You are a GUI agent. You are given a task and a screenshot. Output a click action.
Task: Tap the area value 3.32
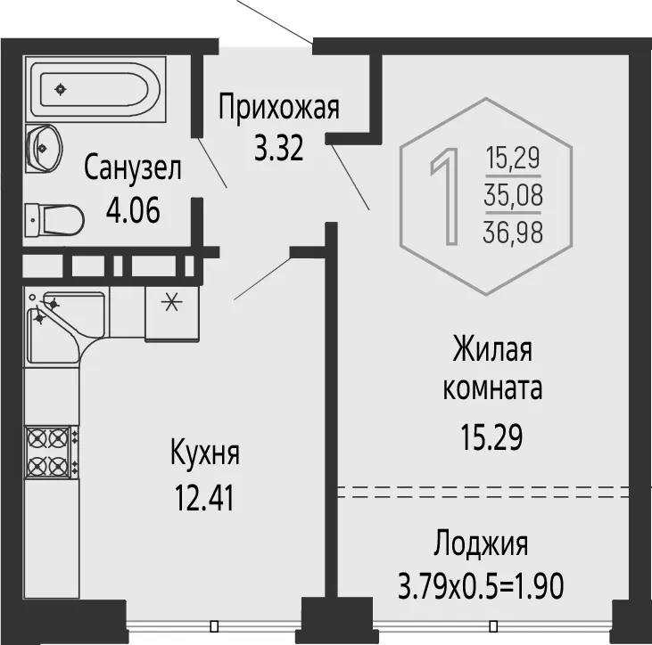278,148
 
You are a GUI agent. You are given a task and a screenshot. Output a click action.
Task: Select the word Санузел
133,168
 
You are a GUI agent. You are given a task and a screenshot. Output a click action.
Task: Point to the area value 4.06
133,210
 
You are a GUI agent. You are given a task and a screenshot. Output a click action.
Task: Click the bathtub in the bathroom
95,89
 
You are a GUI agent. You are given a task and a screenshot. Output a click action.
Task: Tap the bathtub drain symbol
62,89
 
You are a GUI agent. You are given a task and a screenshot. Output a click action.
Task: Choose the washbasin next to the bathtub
44,148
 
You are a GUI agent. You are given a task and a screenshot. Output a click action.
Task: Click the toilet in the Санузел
54,219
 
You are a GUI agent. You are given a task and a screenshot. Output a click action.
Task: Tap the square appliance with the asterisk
172,314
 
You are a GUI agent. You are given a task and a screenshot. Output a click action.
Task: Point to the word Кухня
205,454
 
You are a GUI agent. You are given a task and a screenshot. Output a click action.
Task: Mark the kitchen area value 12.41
204,498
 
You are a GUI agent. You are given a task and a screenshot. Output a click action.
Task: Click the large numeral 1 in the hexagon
446,197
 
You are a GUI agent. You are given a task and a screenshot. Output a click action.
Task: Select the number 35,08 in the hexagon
513,195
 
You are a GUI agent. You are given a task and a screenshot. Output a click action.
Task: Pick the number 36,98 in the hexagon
513,232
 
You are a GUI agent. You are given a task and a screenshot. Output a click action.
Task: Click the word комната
492,389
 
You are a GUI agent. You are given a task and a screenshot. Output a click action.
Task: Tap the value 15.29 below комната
491,437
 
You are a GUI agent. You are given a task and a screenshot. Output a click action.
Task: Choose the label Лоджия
481,545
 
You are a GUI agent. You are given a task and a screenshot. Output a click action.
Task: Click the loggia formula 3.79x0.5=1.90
481,585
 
